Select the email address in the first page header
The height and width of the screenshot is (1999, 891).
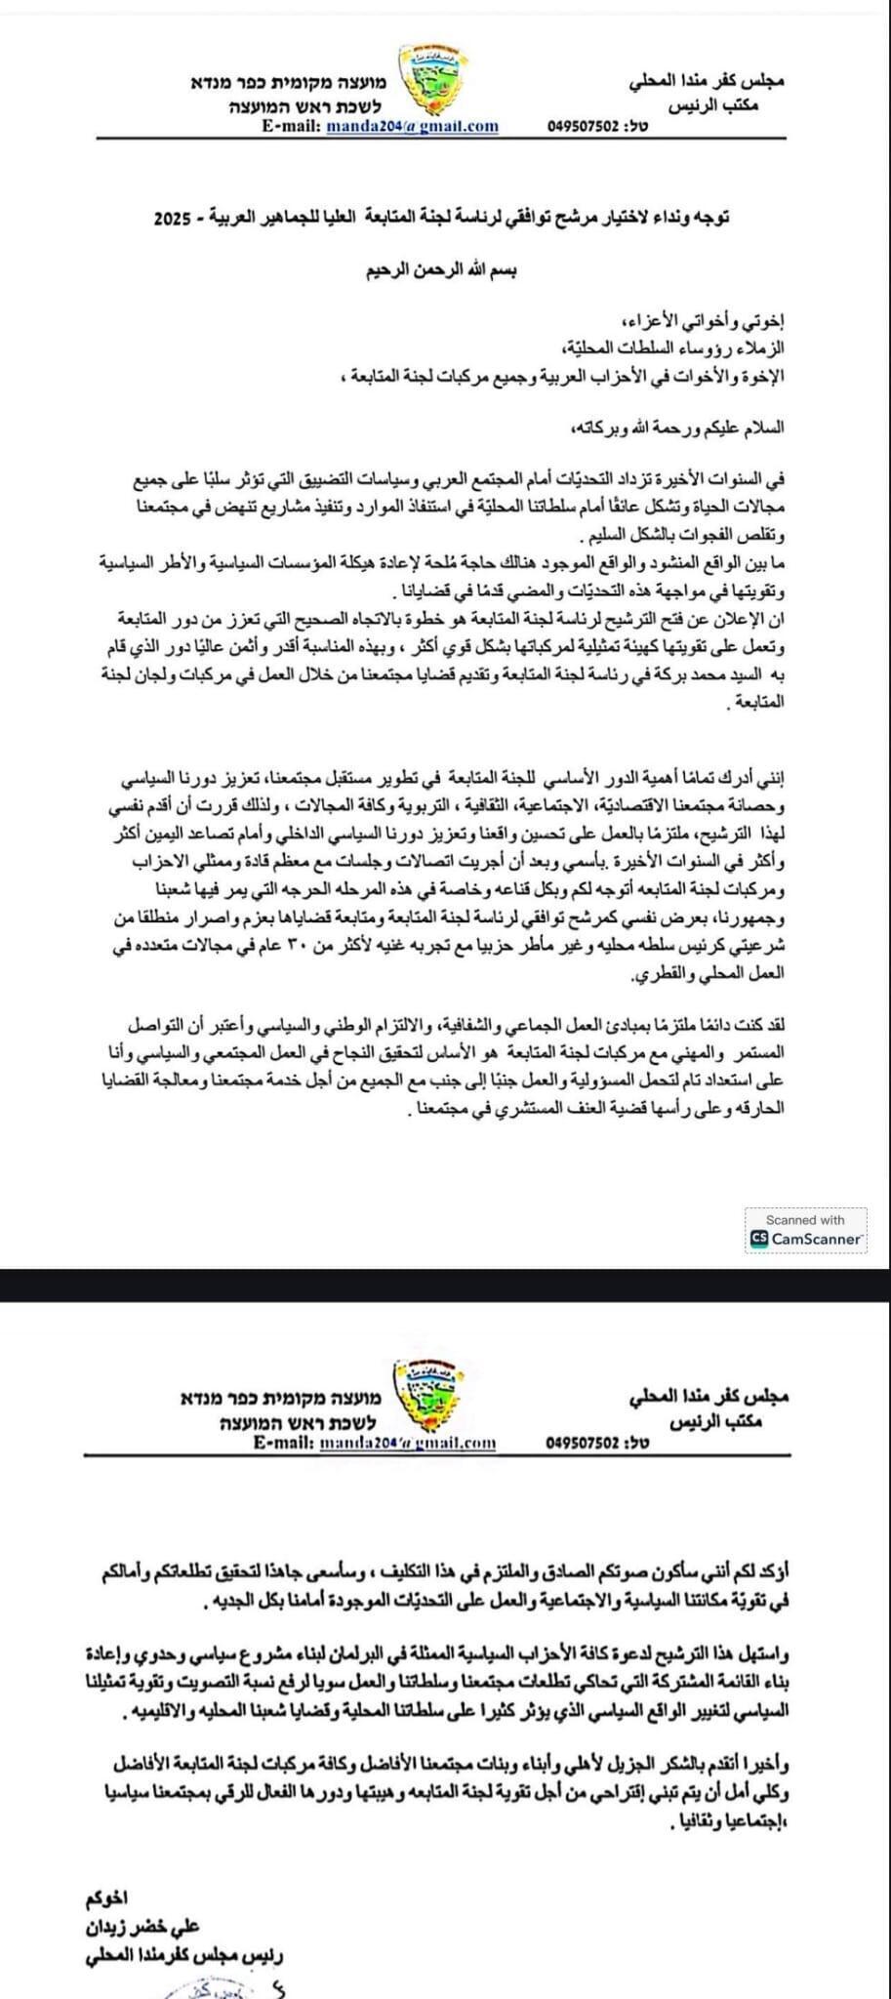click(412, 126)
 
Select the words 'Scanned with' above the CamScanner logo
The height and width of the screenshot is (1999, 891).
click(805, 1219)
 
